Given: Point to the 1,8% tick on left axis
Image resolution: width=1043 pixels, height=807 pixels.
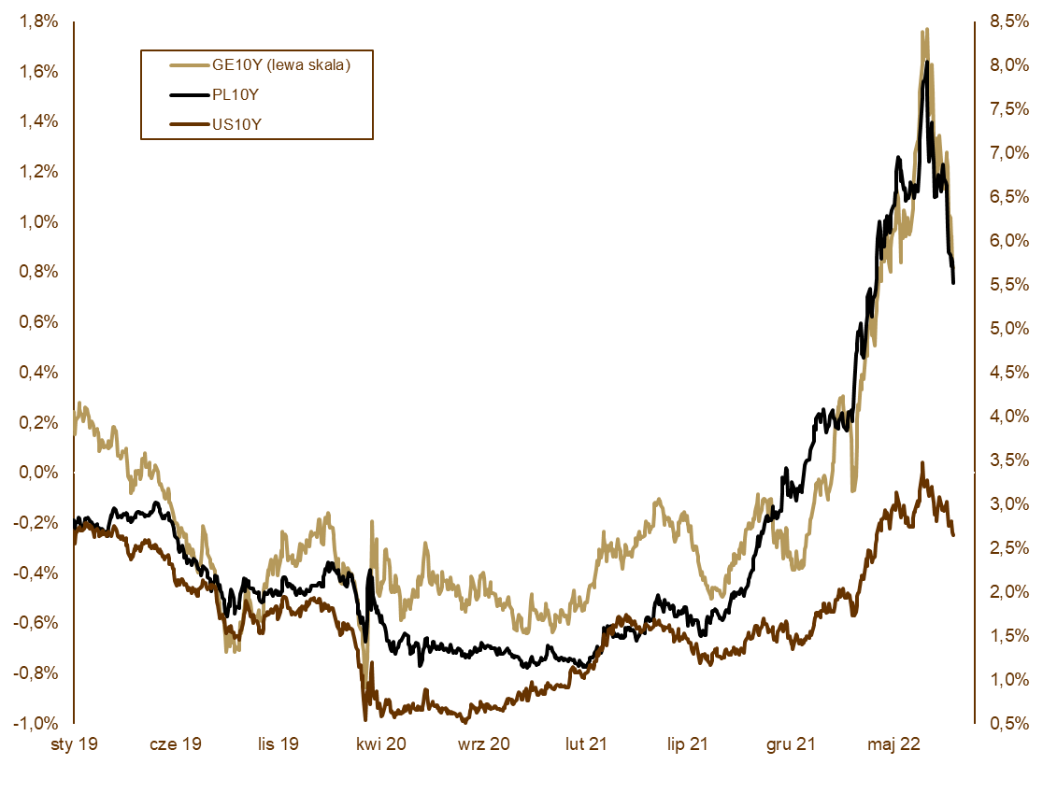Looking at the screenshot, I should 38,21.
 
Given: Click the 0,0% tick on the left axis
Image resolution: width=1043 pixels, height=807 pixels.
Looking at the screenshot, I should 38,473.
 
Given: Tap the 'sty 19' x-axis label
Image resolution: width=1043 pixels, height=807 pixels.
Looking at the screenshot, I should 74,744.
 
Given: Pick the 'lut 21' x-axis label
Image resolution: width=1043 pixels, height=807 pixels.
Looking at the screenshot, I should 586,744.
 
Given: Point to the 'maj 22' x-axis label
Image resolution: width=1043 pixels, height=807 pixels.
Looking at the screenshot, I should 893,744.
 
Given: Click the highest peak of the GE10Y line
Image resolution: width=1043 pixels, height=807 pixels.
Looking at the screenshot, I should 925,29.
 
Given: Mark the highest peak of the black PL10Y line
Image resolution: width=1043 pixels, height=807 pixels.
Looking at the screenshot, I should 926,62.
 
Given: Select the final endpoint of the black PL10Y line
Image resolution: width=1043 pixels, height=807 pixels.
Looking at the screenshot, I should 953,282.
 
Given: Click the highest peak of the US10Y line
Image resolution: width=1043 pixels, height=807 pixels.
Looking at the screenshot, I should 922,462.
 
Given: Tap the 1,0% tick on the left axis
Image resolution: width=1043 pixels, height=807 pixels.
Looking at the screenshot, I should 38,222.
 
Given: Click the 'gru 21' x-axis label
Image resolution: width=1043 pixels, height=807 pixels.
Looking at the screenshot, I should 791,744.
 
